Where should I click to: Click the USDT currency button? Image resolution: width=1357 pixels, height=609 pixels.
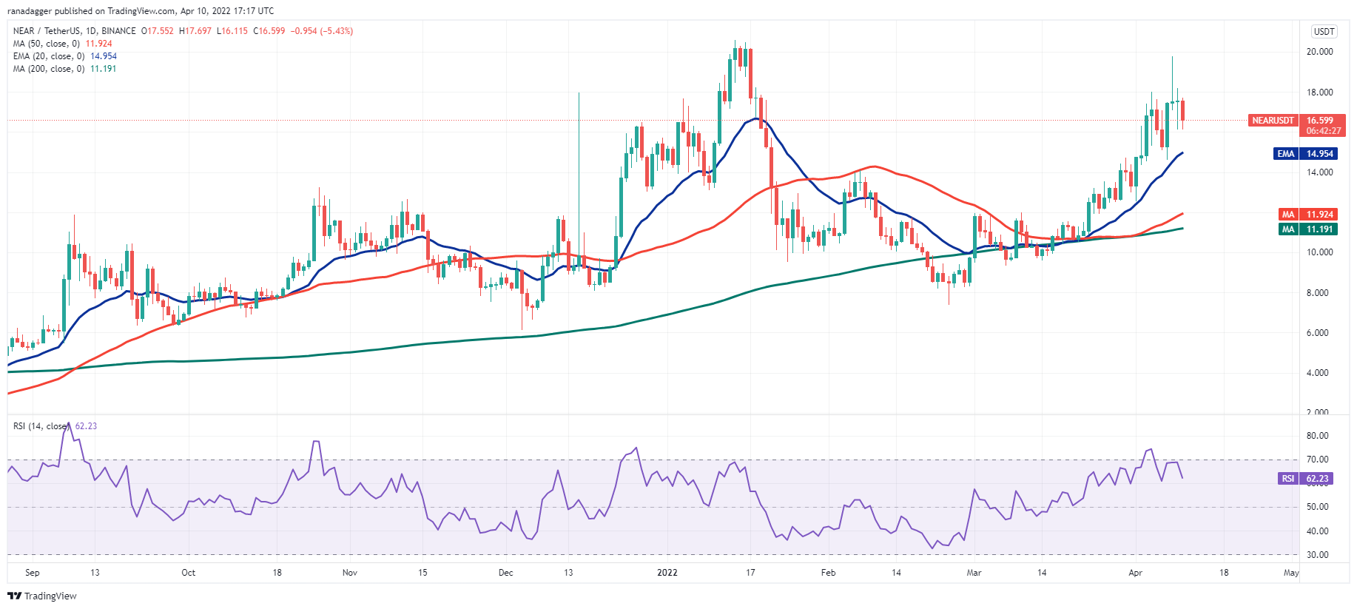pos(1324,32)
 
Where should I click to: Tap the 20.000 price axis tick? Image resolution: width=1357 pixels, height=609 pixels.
pos(1319,52)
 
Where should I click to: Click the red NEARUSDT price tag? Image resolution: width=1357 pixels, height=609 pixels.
pos(1273,121)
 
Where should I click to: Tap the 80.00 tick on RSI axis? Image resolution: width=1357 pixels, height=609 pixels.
pos(1317,436)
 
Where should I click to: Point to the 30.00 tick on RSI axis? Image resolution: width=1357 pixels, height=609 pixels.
pos(1317,555)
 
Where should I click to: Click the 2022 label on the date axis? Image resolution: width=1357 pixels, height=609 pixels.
pos(667,573)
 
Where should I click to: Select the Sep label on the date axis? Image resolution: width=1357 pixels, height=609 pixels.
pos(32,573)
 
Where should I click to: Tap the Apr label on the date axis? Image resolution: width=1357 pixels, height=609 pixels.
pos(1135,573)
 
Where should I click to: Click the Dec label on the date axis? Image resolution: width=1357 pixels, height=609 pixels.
pos(505,573)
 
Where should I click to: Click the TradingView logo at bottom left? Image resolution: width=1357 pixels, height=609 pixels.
pos(42,596)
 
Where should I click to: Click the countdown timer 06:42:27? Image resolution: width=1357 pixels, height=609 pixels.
pos(1323,131)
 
